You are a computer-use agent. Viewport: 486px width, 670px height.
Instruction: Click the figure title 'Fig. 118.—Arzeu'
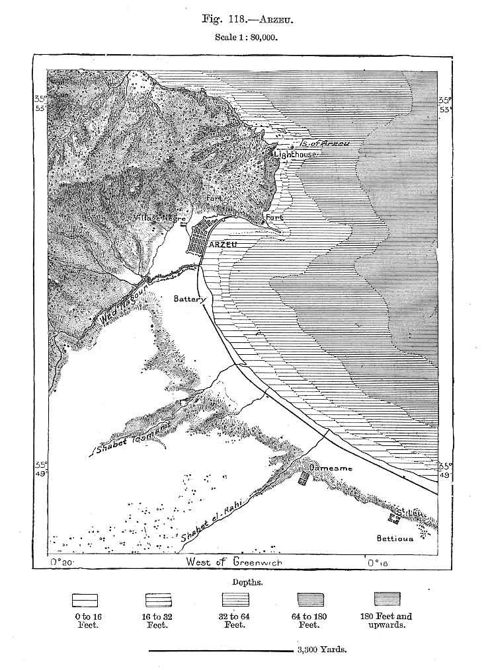click(247, 19)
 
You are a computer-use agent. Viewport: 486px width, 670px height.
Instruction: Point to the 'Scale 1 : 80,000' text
click(247, 38)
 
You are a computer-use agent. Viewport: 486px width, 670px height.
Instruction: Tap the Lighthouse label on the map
click(296, 154)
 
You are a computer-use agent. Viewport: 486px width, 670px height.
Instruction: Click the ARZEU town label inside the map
click(222, 244)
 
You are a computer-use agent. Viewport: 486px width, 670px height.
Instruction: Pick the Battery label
click(190, 299)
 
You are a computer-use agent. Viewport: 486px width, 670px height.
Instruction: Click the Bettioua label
click(395, 539)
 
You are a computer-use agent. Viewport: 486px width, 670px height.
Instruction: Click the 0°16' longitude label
click(376, 563)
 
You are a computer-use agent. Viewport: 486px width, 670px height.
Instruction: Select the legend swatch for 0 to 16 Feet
click(85, 600)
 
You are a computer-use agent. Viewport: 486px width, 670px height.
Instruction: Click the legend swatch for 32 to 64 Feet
click(234, 600)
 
